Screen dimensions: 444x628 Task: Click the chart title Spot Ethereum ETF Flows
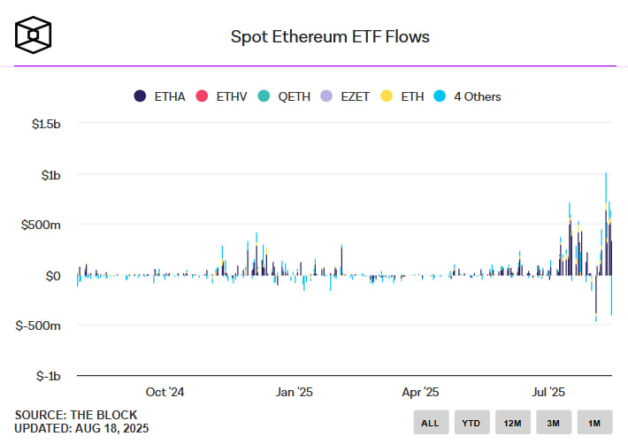[x=330, y=36]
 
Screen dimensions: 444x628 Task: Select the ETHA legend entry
[x=159, y=96]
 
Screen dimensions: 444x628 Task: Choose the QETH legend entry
[x=284, y=96]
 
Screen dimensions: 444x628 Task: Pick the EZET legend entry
[x=346, y=96]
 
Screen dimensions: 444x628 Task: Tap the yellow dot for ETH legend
[x=387, y=96]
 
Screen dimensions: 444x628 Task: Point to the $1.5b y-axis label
[x=42, y=125]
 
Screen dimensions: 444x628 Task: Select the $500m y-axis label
[x=41, y=226]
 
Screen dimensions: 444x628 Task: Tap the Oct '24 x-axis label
[x=165, y=392]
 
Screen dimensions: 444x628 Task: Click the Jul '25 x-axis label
[x=548, y=392]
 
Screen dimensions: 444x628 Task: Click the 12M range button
[x=512, y=423]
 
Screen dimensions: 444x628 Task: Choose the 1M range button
[x=594, y=423]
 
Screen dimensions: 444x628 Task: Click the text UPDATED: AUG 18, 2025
[x=81, y=428]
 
